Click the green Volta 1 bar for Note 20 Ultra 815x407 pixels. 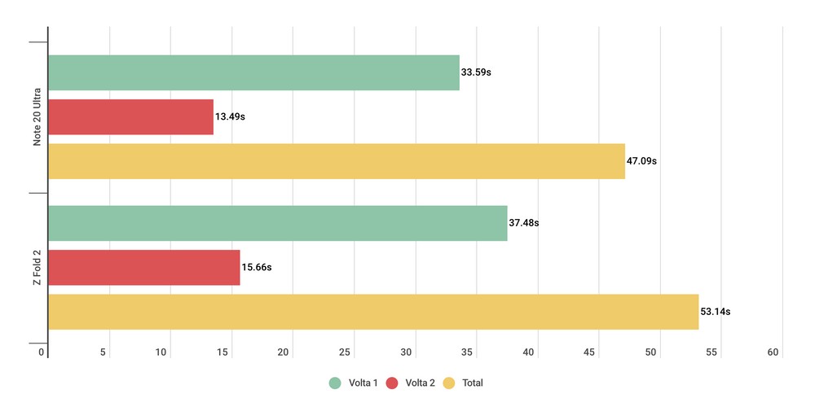253,72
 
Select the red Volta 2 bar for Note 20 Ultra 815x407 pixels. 130,116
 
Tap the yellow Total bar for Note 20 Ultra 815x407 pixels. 337,161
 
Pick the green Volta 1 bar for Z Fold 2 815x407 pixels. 277,223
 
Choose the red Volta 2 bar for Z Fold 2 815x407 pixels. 144,267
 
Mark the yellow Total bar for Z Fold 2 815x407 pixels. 373,312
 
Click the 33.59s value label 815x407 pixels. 476,72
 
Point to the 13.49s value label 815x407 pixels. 230,116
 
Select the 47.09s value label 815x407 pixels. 641,161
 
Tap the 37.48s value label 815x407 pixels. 524,223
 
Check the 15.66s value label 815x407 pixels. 257,267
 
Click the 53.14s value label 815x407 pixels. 715,312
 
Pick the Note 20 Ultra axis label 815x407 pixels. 37,117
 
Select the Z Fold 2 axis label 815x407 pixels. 37,268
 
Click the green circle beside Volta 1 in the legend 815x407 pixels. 334,383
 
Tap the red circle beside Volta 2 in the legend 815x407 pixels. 392,383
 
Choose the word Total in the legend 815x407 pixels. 473,383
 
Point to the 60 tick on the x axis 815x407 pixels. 773,352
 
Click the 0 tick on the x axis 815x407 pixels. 42,352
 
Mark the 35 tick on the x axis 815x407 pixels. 468,352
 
